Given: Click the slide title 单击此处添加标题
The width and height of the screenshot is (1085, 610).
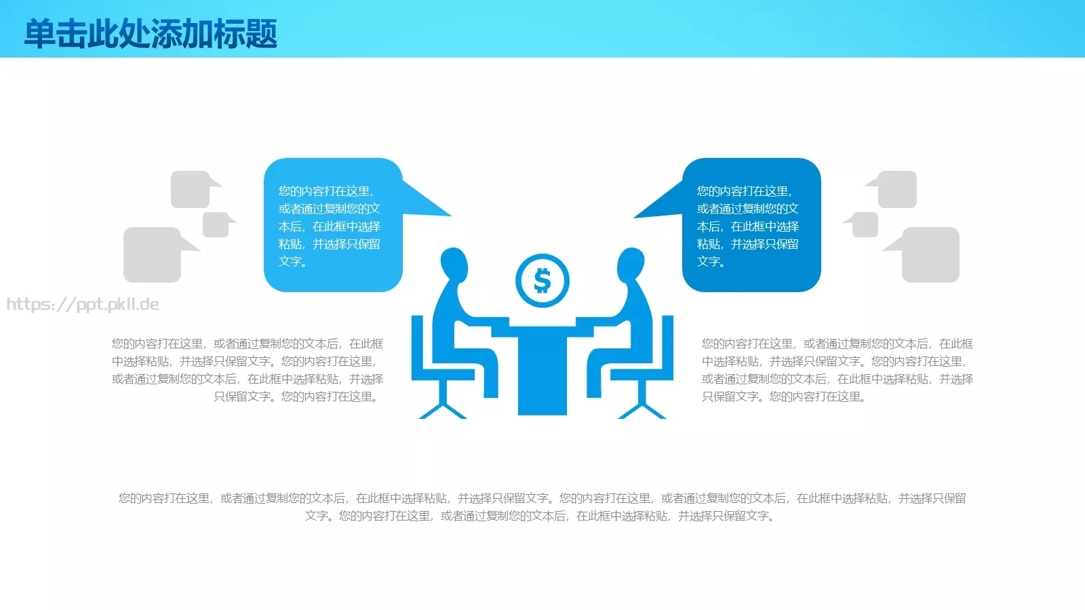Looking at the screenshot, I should click(151, 33).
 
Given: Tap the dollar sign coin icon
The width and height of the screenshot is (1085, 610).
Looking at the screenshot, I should click(542, 281).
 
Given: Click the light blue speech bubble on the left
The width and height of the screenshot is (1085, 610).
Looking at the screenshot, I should click(332, 225).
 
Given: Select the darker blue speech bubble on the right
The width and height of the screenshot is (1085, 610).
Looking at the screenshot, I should click(751, 225).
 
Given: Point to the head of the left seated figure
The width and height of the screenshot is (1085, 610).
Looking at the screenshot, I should click(454, 264).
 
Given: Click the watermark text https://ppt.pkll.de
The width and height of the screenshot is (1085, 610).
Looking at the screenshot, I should click(83, 304).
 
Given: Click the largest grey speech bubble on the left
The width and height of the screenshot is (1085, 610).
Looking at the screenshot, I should click(153, 255).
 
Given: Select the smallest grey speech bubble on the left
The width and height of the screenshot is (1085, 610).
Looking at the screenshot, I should click(216, 224).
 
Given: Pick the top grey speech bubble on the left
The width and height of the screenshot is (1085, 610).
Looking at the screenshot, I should click(190, 189).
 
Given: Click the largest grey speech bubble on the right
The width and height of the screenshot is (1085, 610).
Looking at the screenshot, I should click(930, 255).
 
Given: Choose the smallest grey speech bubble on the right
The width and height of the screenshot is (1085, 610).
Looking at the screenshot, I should click(865, 224).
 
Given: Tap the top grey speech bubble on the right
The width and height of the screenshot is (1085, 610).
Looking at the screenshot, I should click(897, 189).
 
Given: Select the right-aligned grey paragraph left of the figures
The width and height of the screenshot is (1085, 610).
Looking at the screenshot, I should click(248, 370).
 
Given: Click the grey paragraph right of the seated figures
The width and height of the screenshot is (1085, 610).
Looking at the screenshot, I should click(837, 370).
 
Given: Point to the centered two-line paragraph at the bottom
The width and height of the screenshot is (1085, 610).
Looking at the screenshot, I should click(542, 507).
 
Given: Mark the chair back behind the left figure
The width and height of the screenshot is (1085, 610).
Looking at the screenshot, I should click(417, 346).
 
